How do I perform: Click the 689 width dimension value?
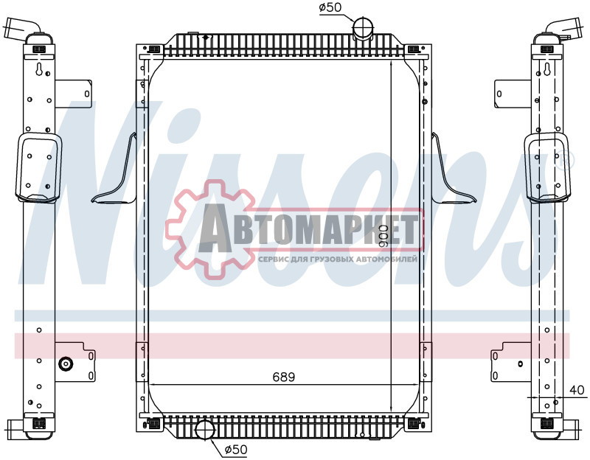(284, 377)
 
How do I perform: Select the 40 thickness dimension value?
(576, 389)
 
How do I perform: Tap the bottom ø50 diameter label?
(235, 449)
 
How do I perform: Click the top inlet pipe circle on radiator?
(362, 28)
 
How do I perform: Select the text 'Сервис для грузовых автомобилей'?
(339, 259)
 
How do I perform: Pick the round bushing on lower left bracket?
(65, 363)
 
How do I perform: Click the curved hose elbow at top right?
(560, 30)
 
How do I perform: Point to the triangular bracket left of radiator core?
(118, 177)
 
